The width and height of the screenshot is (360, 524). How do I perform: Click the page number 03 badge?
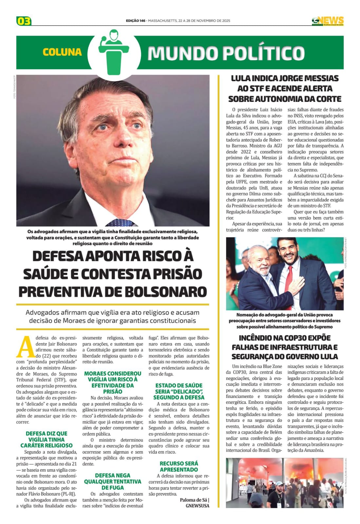pyautogui.click(x=24, y=21)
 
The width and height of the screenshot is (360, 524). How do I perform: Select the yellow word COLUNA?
pyautogui.click(x=62, y=52)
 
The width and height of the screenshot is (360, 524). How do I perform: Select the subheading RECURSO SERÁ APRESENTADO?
pyautogui.click(x=179, y=466)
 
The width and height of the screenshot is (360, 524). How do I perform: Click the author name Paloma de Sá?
pyautogui.click(x=193, y=500)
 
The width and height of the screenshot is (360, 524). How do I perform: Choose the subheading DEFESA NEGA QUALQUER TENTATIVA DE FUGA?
pyautogui.click(x=113, y=481)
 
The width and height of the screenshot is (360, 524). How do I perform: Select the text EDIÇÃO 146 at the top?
pyautogui.click(x=135, y=21)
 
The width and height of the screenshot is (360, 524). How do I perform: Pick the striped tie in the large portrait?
pyautogui.click(x=121, y=223)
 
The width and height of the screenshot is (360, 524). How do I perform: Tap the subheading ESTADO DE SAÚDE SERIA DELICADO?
pyautogui.click(x=179, y=391)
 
